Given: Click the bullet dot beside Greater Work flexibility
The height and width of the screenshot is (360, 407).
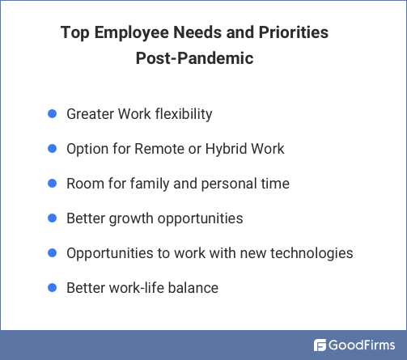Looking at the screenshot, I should [x=51, y=114].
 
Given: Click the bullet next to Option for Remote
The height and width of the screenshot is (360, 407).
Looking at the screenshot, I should [x=51, y=149].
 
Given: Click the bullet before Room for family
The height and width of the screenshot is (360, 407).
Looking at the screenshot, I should [x=51, y=184].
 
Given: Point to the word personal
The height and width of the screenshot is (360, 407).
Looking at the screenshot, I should [x=226, y=184].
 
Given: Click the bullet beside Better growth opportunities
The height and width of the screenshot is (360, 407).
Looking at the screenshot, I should [x=51, y=218].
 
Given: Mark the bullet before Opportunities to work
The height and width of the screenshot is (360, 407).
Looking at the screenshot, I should [x=51, y=253].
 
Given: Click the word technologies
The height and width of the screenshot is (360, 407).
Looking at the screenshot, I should [x=312, y=253].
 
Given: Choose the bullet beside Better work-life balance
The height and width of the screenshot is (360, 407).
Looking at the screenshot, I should [x=51, y=287].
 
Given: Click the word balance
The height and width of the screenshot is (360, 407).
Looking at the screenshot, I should [x=193, y=287].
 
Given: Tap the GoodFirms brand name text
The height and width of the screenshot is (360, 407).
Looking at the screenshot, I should [x=362, y=345].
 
